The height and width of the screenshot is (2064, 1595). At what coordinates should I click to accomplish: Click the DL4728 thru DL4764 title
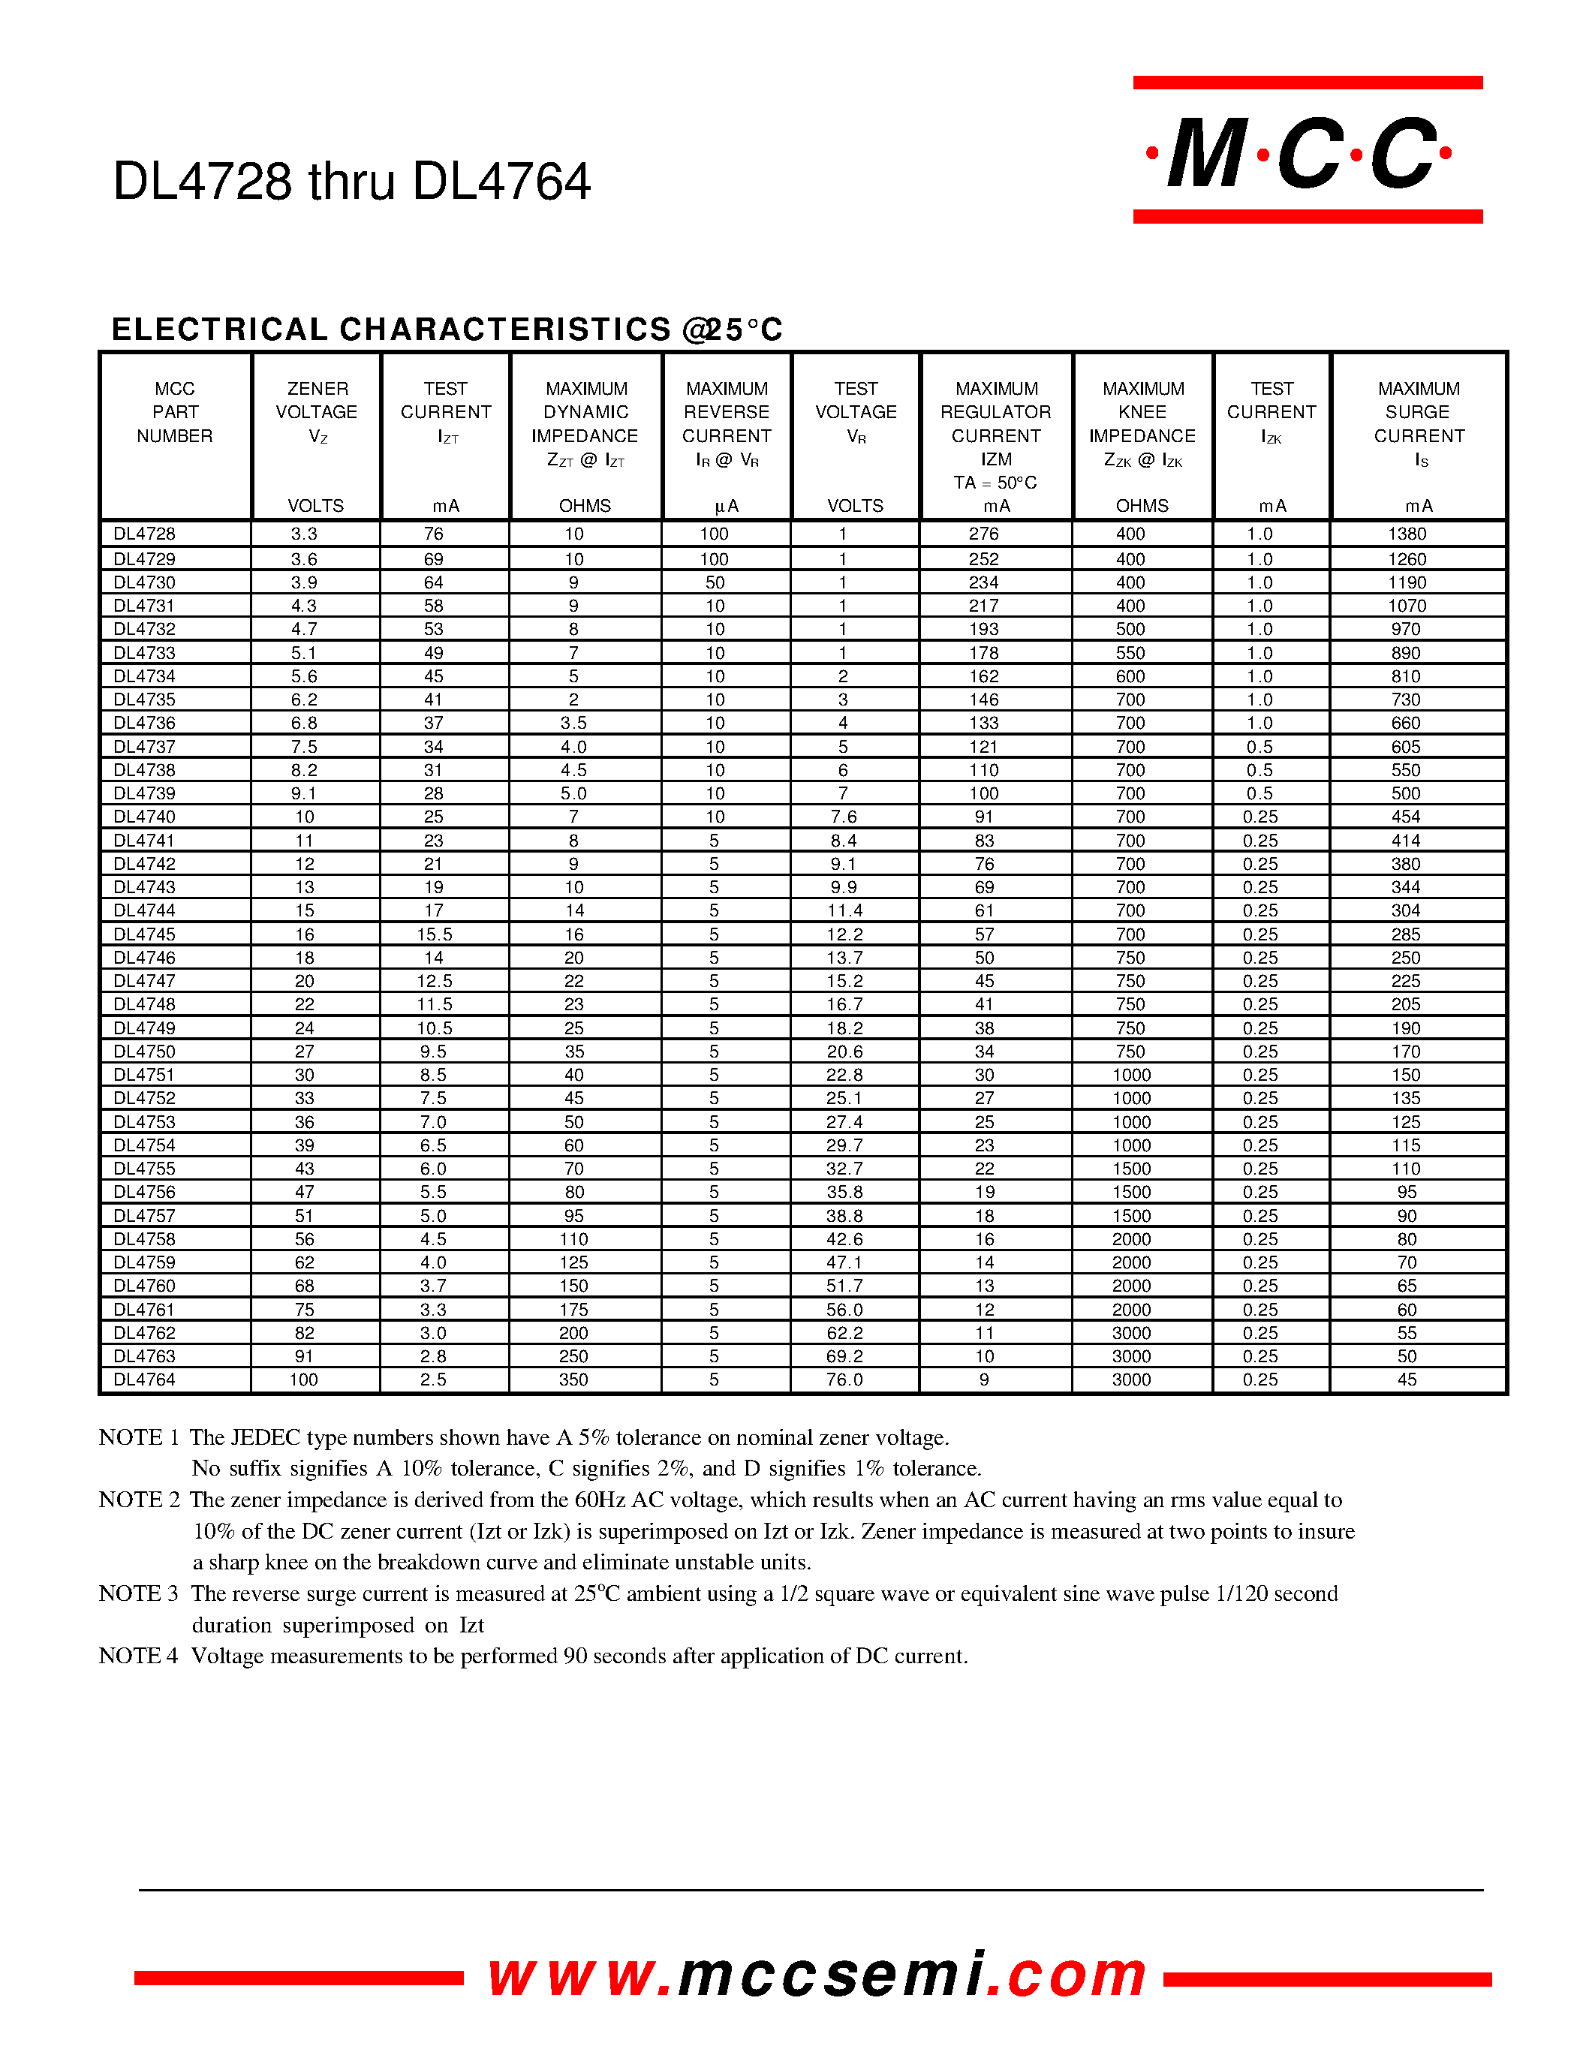[x=351, y=182]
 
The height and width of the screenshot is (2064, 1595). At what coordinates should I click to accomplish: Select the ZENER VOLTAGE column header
[x=317, y=412]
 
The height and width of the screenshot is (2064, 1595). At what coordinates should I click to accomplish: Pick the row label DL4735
[x=145, y=700]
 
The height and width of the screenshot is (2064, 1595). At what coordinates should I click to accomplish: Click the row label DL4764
[x=145, y=1380]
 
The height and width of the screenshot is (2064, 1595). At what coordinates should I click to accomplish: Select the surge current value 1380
[x=1406, y=534]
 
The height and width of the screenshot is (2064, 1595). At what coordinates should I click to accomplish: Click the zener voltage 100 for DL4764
[x=303, y=1380]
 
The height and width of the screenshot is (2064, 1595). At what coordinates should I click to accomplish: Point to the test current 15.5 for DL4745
[x=434, y=934]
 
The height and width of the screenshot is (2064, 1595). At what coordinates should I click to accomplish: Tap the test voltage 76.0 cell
[x=844, y=1380]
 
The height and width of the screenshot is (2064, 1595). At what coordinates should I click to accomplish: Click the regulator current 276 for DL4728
[x=984, y=534]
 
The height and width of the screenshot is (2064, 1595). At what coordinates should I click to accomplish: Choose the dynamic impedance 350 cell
[x=573, y=1380]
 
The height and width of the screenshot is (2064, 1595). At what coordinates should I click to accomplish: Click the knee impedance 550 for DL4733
[x=1130, y=653]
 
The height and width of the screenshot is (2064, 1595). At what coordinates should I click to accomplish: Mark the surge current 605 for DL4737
[x=1405, y=747]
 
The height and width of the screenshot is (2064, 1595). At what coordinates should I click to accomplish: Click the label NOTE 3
[x=138, y=1593]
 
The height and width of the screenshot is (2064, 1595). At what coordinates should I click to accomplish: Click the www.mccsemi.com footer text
[x=817, y=1975]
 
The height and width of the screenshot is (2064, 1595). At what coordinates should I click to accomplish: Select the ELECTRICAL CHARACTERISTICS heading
[x=447, y=329]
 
